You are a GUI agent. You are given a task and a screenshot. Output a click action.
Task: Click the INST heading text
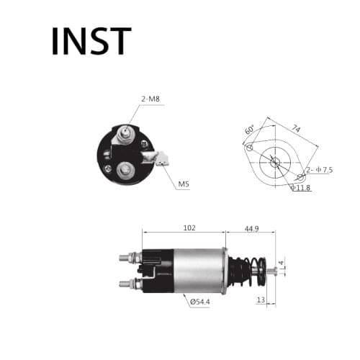91,41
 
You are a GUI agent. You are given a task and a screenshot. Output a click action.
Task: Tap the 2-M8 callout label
150,99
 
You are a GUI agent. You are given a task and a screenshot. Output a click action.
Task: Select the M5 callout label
184,184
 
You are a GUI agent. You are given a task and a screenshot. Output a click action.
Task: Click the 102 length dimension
189,228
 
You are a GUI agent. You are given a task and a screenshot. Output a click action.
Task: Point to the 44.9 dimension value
251,229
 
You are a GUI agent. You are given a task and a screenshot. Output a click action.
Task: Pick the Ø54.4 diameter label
199,302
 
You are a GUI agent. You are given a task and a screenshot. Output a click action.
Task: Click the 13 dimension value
261,300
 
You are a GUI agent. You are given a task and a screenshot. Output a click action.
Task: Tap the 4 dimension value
282,263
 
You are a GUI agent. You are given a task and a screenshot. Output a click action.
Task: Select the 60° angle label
249,130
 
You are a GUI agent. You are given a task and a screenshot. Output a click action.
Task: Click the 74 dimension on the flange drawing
296,129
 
